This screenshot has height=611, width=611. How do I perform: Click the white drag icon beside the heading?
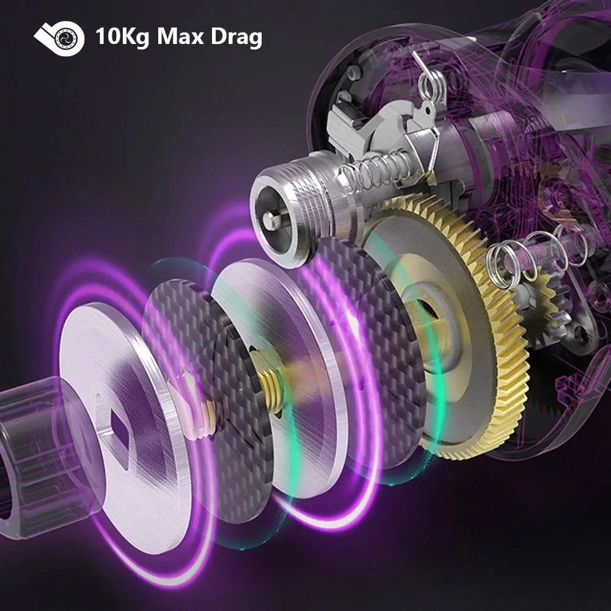(59, 38)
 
